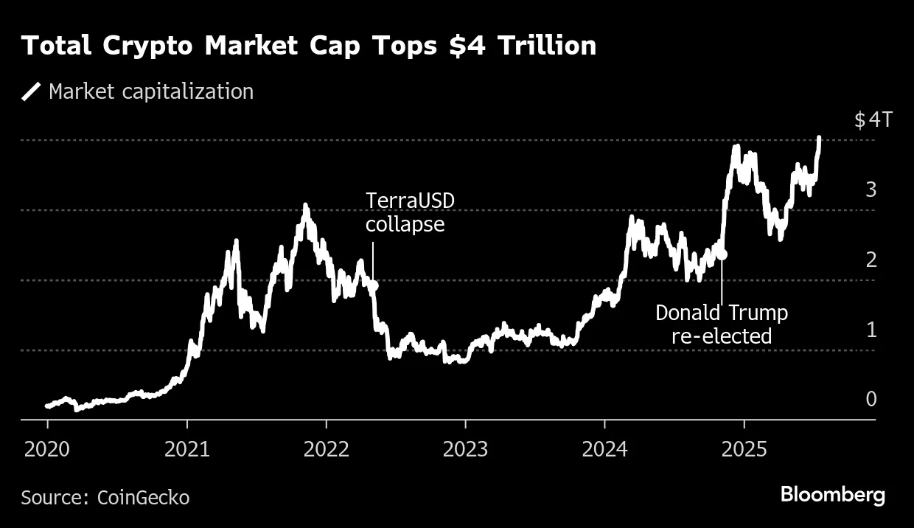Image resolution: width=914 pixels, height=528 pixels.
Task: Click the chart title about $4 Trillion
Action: click(309, 46)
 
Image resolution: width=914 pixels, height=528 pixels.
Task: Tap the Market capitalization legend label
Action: click(150, 91)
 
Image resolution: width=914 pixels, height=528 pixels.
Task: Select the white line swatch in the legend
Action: click(32, 91)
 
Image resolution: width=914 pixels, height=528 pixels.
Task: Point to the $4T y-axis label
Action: click(873, 120)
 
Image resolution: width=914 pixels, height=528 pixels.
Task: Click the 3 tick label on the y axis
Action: click(871, 190)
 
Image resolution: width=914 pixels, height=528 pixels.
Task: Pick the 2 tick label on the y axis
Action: click(871, 260)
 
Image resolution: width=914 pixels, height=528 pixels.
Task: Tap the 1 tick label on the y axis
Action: click(871, 330)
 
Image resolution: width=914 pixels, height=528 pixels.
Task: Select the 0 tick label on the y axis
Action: click(871, 399)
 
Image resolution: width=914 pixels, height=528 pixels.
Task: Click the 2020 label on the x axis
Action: click(47, 449)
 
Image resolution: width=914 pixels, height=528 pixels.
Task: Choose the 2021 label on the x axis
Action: click(186, 449)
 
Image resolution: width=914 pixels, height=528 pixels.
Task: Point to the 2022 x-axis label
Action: click(326, 449)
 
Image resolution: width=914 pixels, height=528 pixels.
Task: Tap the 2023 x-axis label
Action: click(465, 449)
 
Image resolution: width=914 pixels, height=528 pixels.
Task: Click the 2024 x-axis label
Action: click(604, 449)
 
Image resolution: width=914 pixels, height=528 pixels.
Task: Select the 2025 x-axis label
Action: click(744, 449)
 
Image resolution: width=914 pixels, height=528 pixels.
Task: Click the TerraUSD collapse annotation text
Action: click(405, 212)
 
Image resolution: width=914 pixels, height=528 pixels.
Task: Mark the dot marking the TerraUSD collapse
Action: click(373, 285)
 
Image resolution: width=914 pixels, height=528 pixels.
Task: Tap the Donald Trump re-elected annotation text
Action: click(721, 324)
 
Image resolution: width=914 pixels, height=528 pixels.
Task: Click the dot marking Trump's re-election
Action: click(722, 254)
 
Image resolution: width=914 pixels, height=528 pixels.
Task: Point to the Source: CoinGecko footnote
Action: click(105, 498)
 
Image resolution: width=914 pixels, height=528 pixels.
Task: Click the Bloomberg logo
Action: click(833, 495)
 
